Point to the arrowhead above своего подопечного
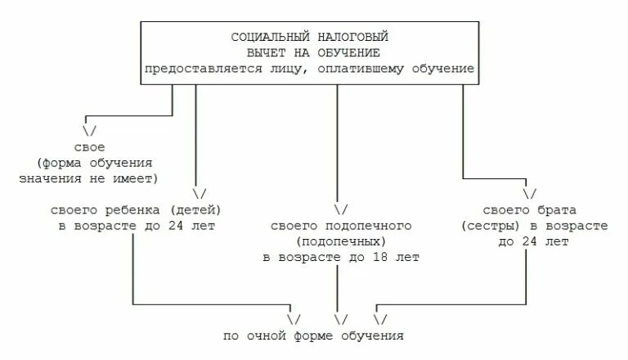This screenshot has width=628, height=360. point(341,209)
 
